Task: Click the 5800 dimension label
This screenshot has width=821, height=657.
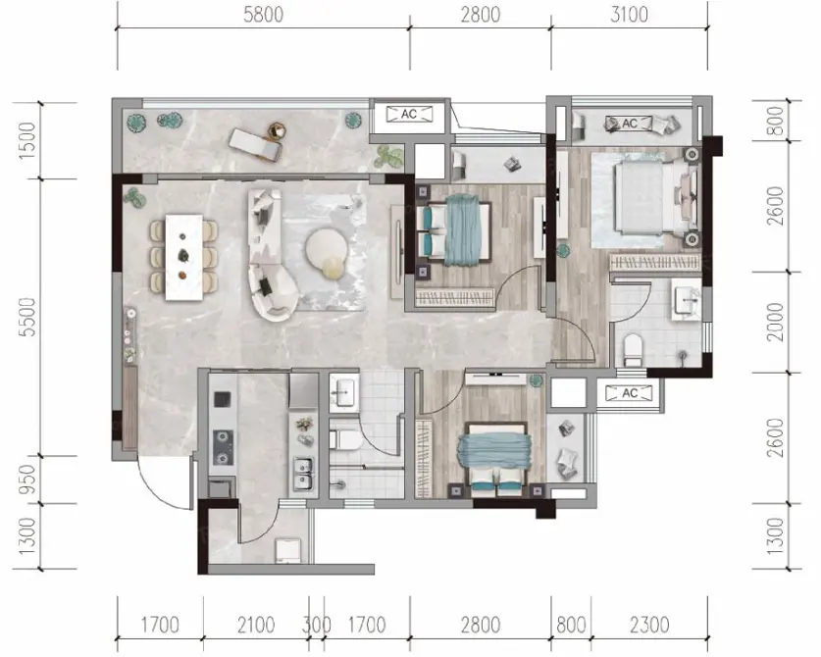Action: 264,15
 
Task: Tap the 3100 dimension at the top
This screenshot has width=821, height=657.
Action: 629,15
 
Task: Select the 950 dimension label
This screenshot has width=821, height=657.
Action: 26,479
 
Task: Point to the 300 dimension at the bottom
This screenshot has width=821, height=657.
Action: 316,625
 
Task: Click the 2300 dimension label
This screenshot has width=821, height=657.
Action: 649,625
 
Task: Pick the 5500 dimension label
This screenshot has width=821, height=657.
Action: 26,317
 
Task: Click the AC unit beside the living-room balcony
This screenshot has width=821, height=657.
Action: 409,114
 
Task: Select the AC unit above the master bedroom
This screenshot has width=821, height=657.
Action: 630,124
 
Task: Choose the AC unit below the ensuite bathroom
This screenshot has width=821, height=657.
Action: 630,392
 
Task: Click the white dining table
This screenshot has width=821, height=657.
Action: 183,257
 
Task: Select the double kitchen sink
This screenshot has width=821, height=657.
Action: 303,474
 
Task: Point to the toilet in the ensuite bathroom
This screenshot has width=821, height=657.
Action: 633,350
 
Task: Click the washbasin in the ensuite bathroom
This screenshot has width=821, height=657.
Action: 686,302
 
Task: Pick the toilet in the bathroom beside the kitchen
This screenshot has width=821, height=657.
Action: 344,438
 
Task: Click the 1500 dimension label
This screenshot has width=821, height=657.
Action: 26,140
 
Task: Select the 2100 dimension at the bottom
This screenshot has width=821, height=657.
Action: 256,625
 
